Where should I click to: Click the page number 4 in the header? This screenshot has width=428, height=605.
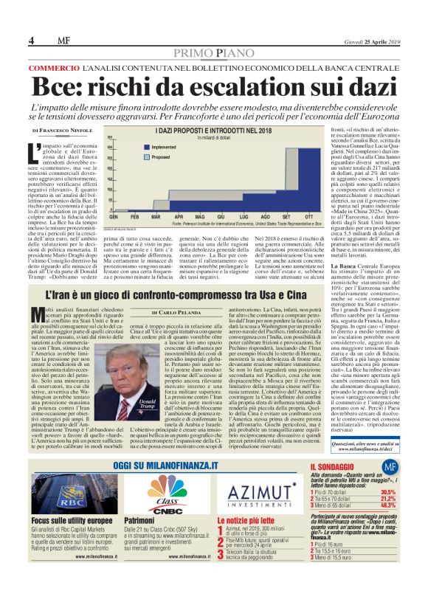click(x=31, y=40)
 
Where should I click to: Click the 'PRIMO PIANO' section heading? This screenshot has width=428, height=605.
click(x=213, y=54)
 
